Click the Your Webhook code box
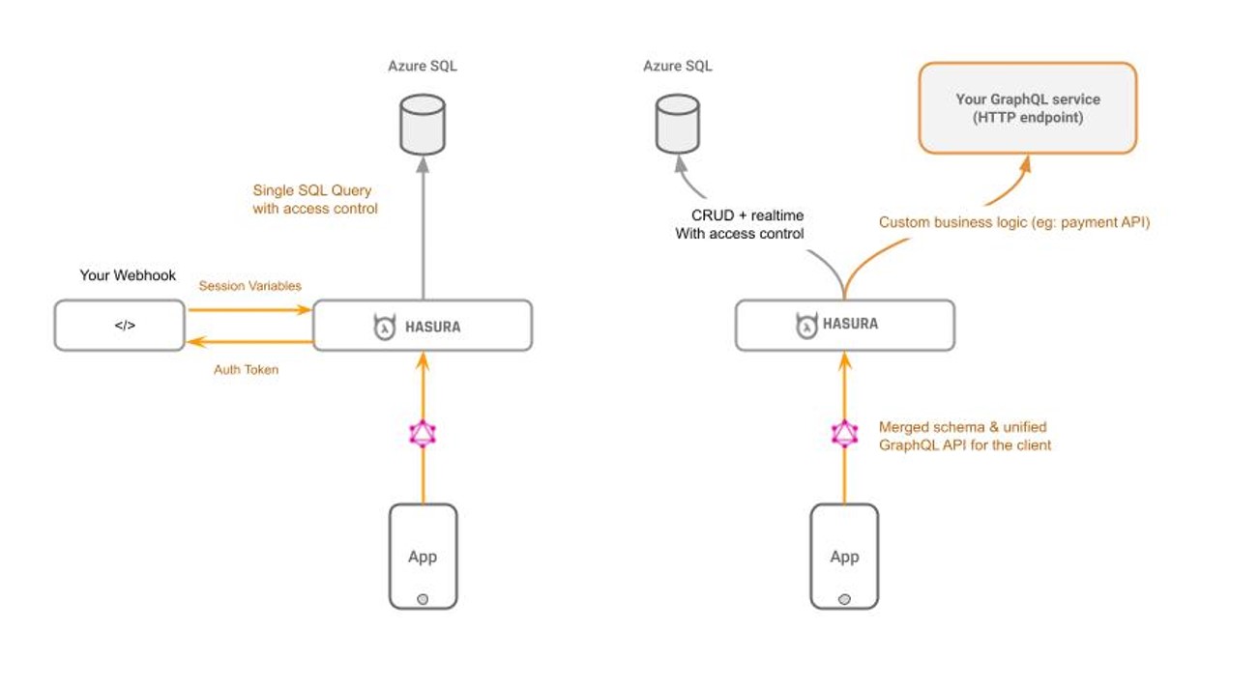119,326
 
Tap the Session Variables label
250,286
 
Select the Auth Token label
247,370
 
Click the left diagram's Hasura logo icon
385,327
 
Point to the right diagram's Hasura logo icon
806,325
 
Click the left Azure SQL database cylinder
423,124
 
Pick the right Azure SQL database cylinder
678,124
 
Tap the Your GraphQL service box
1028,108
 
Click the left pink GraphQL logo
423,434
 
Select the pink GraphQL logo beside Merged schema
844,434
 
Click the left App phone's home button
423,599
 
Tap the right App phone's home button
844,599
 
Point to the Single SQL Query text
312,190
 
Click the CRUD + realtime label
747,215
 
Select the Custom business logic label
1014,222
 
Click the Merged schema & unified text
963,427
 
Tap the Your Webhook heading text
128,275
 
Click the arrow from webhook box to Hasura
250,309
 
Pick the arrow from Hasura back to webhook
250,341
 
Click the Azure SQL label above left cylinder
423,67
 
